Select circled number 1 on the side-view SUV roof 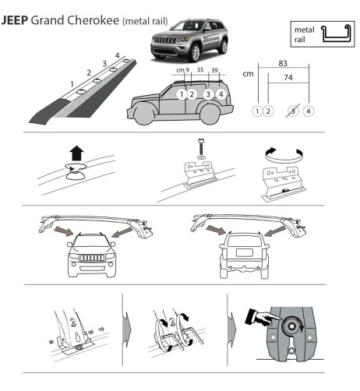[181, 94]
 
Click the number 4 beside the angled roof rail [116, 55]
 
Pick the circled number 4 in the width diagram [309, 111]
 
